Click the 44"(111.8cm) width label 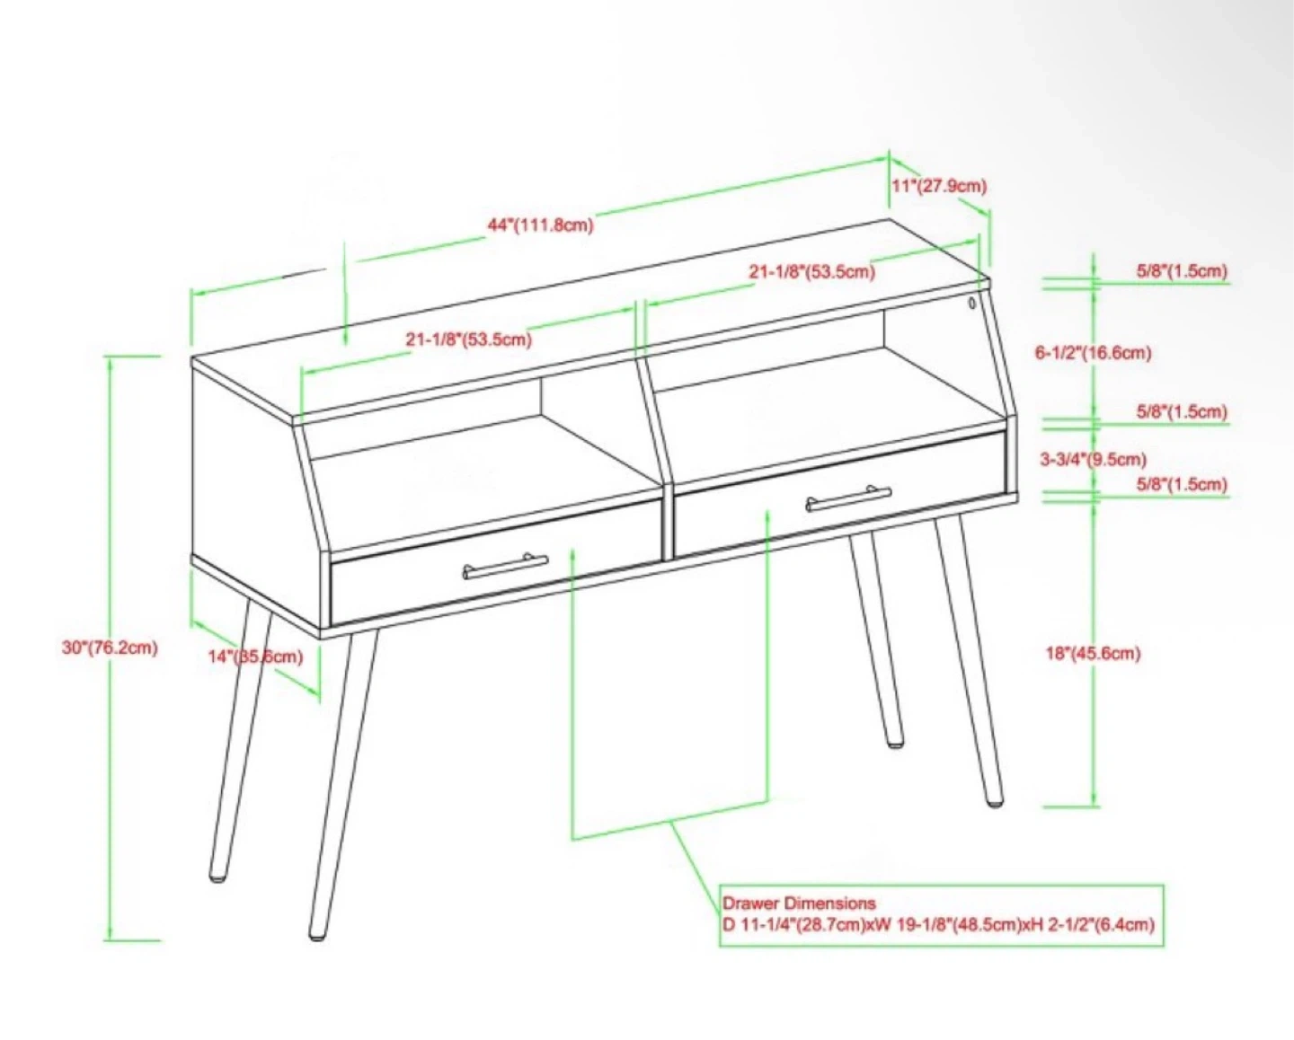(x=540, y=225)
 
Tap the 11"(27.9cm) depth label (x=939, y=186)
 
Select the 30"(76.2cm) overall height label (x=110, y=648)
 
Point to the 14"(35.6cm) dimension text (x=255, y=657)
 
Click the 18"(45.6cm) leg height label (x=1094, y=653)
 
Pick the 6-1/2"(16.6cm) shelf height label (x=1093, y=352)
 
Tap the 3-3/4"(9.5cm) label (x=1094, y=459)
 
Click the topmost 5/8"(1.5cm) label (x=1181, y=271)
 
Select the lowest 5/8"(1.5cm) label (x=1181, y=485)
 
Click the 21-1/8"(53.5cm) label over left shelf (x=468, y=339)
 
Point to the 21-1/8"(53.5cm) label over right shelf (x=811, y=272)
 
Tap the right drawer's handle (x=847, y=498)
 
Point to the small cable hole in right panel (x=972, y=303)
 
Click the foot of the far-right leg (x=995, y=802)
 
